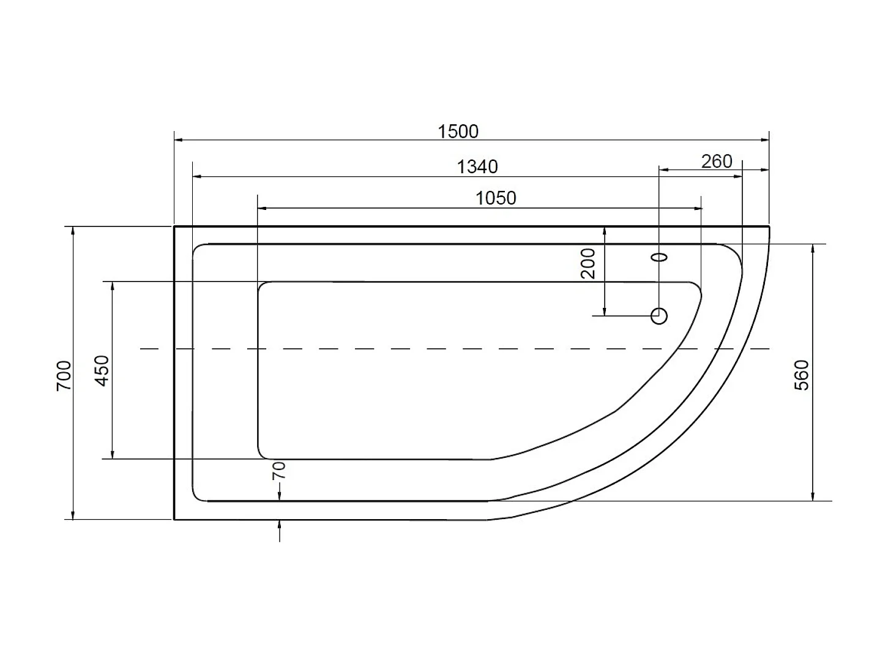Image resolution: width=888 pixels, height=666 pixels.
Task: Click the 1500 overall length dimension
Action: (458, 132)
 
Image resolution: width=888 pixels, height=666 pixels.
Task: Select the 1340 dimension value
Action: (477, 166)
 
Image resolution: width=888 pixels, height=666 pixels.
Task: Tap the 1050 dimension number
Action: (496, 198)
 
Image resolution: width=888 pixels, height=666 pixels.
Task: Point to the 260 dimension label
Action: (717, 162)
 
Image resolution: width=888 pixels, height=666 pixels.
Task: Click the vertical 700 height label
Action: (64, 376)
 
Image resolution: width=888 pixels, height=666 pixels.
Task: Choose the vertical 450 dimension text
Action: (102, 370)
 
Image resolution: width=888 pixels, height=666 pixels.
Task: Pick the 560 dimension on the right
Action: (802, 375)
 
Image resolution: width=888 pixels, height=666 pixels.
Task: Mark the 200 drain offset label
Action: (588, 264)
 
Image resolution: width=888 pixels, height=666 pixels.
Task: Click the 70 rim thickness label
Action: (279, 471)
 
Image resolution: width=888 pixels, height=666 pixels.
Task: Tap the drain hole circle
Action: (659, 316)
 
